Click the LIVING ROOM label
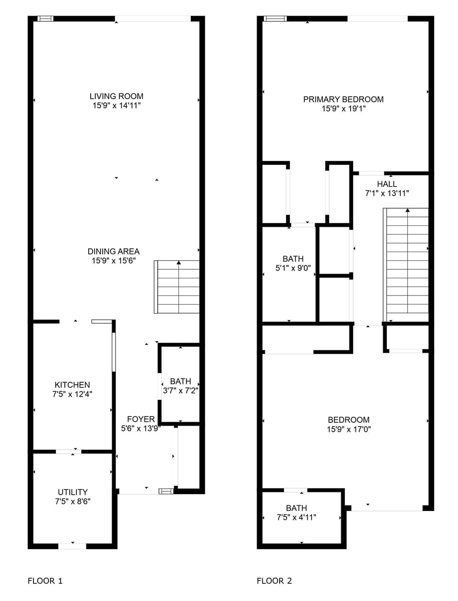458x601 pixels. [x=116, y=96]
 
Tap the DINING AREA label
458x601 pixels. [x=114, y=251]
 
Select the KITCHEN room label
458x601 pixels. [x=72, y=385]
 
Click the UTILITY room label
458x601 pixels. [x=73, y=492]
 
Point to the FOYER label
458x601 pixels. [x=141, y=419]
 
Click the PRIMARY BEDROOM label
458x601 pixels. [x=343, y=99]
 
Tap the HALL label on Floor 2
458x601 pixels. [x=387, y=184]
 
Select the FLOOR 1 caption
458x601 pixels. [x=45, y=581]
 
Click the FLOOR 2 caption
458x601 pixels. [x=274, y=581]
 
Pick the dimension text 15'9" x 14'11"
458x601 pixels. [x=116, y=105]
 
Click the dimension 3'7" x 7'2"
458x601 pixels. [x=180, y=390]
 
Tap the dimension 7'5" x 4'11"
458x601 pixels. [x=296, y=517]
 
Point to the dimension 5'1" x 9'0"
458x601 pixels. [x=293, y=268]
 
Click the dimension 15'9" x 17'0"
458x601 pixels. [x=349, y=429]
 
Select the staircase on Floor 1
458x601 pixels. [x=177, y=287]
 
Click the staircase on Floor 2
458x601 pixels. [x=407, y=265]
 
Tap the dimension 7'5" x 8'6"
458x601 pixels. [x=73, y=501]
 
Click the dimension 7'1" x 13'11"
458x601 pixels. [x=387, y=193]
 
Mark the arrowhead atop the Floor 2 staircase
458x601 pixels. [x=407, y=210]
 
